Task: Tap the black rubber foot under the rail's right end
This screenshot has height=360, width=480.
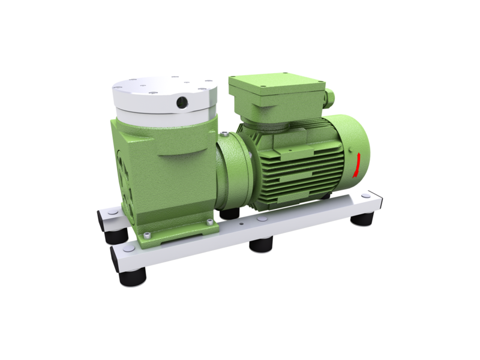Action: point(364,220)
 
